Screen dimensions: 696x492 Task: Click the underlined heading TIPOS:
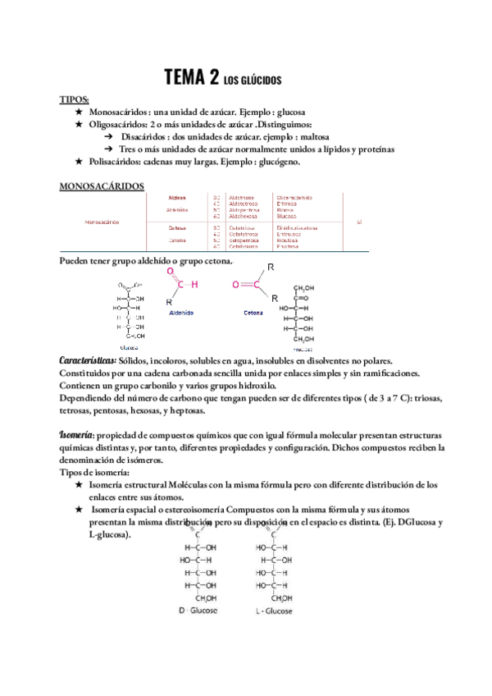(x=75, y=99)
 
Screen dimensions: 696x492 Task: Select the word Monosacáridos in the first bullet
(x=120, y=112)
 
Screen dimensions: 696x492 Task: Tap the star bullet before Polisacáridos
(x=79, y=162)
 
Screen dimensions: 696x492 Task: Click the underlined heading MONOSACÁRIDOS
(x=102, y=186)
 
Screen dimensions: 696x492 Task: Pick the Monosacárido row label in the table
(x=102, y=222)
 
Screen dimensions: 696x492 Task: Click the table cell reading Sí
(x=359, y=222)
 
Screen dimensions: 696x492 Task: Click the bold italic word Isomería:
(x=76, y=435)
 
